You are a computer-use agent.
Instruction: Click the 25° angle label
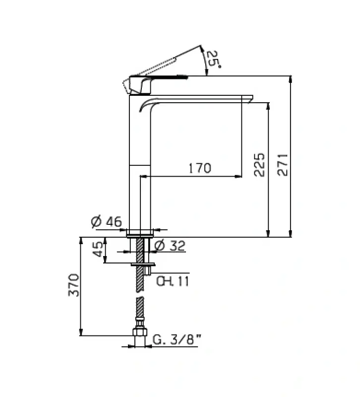point(212,60)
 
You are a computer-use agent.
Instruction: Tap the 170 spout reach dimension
point(199,168)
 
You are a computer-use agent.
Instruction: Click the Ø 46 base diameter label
point(107,222)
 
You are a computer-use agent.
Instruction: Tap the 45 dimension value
point(98,249)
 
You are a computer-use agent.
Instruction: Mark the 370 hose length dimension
point(74,285)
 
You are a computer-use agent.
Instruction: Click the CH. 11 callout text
point(172,281)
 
